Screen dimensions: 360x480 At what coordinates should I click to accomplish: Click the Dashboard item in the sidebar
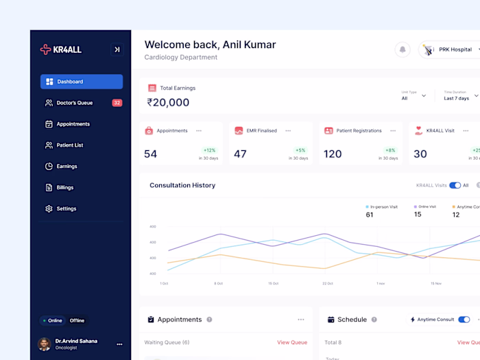click(x=81, y=82)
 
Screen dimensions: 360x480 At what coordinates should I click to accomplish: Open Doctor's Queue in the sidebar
click(x=74, y=103)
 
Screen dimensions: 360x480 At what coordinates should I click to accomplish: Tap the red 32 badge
click(x=117, y=103)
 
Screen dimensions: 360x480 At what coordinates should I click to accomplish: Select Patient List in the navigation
click(x=69, y=145)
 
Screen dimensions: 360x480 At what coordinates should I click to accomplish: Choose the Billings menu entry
click(x=64, y=187)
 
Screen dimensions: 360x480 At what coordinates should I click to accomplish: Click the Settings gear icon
click(x=49, y=208)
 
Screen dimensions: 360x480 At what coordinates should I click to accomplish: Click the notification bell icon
click(x=402, y=49)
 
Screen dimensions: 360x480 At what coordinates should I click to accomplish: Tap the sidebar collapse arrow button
click(x=117, y=49)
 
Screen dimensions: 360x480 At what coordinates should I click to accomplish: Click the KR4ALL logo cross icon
click(x=46, y=49)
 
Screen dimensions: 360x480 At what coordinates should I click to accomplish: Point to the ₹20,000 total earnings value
click(x=168, y=102)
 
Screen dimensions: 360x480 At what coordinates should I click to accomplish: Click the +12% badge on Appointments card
click(x=209, y=150)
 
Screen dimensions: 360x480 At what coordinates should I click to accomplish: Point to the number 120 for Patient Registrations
click(x=333, y=154)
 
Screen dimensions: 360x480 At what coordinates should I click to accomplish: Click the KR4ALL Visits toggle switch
click(x=455, y=185)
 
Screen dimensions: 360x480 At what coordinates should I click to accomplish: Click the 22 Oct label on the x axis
click(x=328, y=283)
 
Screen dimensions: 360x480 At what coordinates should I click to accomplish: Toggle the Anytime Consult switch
click(x=464, y=320)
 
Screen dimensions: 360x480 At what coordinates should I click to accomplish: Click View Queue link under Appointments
click(x=292, y=342)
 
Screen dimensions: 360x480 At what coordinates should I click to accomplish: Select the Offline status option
click(x=77, y=320)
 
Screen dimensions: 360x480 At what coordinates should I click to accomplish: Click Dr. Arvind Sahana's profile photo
click(x=45, y=344)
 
